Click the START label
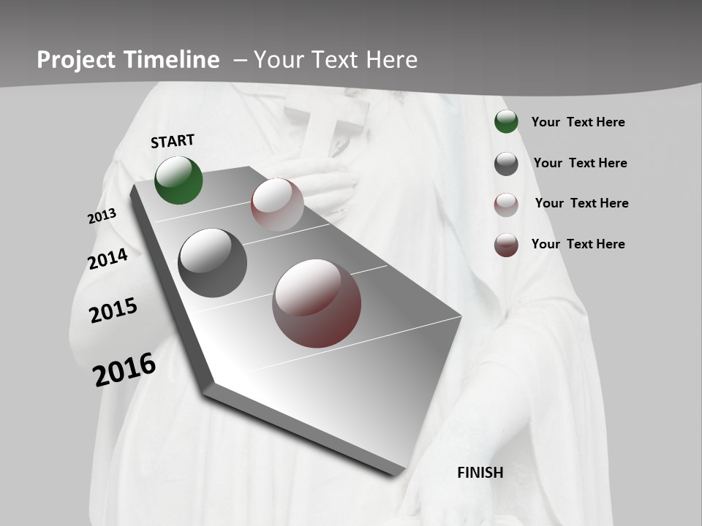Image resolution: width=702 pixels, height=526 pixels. pyautogui.click(x=173, y=141)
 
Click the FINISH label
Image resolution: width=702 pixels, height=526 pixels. pyautogui.click(x=480, y=473)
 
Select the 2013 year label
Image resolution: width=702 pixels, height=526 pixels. pyautogui.click(x=102, y=216)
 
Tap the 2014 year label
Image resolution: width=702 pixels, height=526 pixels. pyautogui.click(x=108, y=259)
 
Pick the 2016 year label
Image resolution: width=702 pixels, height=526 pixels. pyautogui.click(x=124, y=370)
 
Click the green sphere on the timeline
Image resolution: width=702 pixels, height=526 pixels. pyautogui.click(x=178, y=180)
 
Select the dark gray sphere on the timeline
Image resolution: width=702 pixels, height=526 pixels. pyautogui.click(x=212, y=263)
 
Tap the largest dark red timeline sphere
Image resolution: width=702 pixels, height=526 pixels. pyautogui.click(x=317, y=303)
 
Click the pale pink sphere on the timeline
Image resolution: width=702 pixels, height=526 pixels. pyautogui.click(x=277, y=204)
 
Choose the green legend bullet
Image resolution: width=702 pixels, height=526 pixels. pyautogui.click(x=506, y=122)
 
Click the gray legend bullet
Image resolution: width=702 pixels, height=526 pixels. pyautogui.click(x=506, y=164)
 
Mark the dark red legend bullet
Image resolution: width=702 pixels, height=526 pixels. pyautogui.click(x=506, y=245)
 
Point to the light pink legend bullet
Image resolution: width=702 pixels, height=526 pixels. pyautogui.click(x=506, y=204)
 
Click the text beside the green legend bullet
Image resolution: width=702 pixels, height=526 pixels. pyautogui.click(x=578, y=122)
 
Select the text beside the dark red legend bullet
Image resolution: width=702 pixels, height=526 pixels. pyautogui.click(x=578, y=244)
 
